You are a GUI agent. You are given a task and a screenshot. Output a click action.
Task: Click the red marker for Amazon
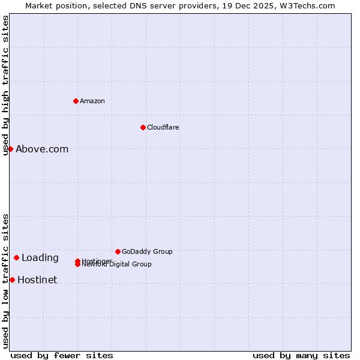76,101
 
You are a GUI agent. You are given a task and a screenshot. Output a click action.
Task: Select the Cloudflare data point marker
143,127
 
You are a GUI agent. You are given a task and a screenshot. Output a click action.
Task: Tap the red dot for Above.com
10,149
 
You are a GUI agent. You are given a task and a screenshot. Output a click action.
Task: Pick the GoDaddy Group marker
118,251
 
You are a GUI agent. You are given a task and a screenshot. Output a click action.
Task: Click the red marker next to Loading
16,257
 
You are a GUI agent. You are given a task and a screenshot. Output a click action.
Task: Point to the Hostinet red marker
12,280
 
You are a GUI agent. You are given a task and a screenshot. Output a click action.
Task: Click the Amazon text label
92,101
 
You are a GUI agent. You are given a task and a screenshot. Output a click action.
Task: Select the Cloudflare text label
163,127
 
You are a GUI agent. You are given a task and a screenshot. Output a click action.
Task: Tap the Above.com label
42,149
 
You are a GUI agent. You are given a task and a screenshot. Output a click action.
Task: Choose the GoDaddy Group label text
147,251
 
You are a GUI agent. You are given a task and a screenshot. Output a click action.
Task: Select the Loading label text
40,258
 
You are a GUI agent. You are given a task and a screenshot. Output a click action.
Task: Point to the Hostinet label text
37,280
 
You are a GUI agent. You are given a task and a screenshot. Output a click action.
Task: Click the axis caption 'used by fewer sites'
62,355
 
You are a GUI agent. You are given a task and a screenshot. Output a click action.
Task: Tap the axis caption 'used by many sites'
301,355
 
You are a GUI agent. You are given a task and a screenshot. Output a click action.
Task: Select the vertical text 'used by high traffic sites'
6,85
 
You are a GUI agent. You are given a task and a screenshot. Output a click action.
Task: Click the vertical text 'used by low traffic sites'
6,281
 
